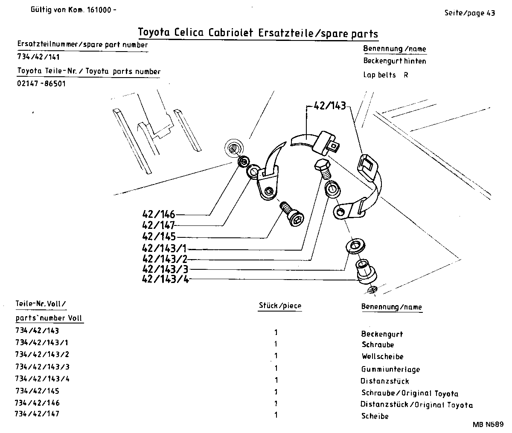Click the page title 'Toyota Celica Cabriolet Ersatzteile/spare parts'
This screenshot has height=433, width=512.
pyautogui.click(x=258, y=33)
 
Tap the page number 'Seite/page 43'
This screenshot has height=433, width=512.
pyautogui.click(x=469, y=13)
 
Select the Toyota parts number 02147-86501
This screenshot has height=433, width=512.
pyautogui.click(x=41, y=84)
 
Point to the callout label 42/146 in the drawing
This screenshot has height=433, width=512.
pyautogui.click(x=158, y=215)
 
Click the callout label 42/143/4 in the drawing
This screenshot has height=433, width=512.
pyautogui.click(x=165, y=280)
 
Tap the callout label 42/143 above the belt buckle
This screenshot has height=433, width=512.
pyautogui.click(x=329, y=106)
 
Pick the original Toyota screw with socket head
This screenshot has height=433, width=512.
pyautogui.click(x=293, y=215)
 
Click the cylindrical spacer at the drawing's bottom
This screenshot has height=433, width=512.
pyautogui.click(x=366, y=271)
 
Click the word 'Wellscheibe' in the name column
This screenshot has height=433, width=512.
pyautogui.click(x=382, y=356)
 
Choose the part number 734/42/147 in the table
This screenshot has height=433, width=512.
pyautogui.click(x=37, y=414)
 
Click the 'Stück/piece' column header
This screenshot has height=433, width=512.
pyautogui.click(x=280, y=306)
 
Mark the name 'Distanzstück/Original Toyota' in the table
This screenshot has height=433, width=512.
pyautogui.click(x=416, y=405)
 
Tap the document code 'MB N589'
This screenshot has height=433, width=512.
pyautogui.click(x=488, y=424)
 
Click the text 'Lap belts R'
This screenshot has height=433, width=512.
pyautogui.click(x=386, y=75)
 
